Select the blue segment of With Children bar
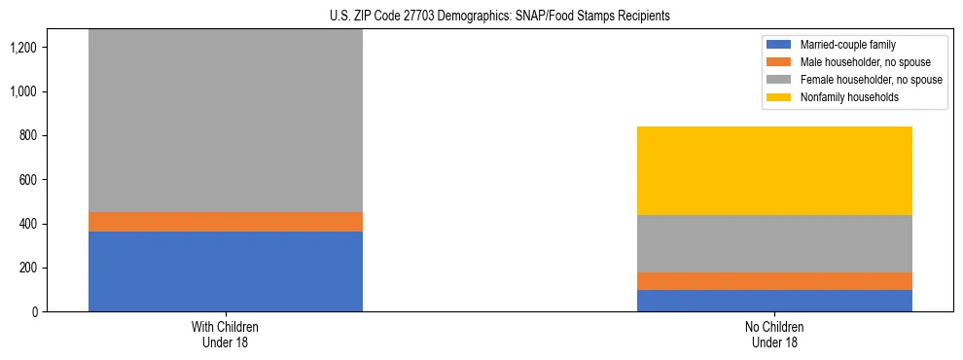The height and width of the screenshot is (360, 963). point(225,271)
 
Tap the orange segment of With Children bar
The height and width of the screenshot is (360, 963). point(225,222)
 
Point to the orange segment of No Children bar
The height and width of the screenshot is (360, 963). point(774,281)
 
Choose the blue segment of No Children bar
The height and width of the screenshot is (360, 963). point(774,301)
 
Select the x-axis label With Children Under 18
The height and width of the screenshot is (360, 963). point(225,334)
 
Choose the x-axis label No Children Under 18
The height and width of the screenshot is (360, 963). point(774,334)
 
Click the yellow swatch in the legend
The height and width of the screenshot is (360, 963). point(779,97)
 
